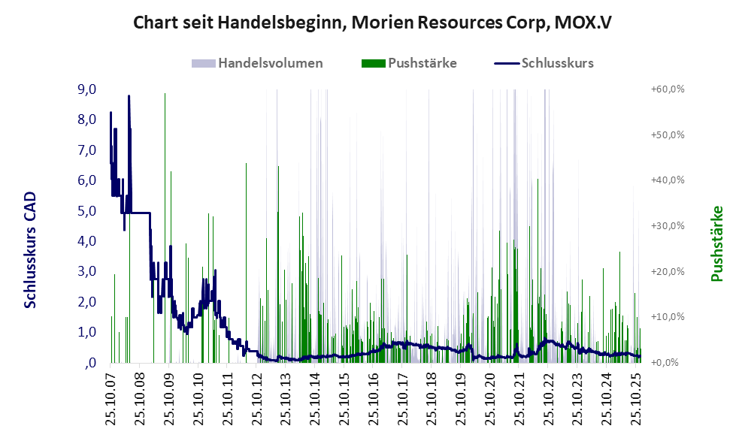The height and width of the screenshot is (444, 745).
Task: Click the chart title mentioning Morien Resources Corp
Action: click(372, 23)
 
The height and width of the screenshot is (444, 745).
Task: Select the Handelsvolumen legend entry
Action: click(270, 63)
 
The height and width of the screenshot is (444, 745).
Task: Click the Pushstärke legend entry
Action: click(422, 63)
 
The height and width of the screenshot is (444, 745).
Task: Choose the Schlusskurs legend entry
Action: click(557, 63)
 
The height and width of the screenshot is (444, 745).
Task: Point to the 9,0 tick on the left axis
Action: click(87, 89)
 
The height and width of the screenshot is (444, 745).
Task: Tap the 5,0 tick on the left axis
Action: click(87, 210)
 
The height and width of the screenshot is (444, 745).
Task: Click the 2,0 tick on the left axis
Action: click(87, 301)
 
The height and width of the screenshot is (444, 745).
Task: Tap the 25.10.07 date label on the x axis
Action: click(111, 397)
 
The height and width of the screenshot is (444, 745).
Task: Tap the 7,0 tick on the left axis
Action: click(87, 150)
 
